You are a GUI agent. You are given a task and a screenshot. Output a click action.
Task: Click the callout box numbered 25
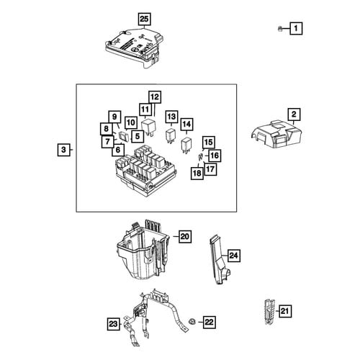144,19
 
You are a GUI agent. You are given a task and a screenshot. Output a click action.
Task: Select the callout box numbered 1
296,28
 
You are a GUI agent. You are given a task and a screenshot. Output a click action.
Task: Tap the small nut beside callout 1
280,29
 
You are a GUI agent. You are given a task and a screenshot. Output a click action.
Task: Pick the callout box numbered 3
64,150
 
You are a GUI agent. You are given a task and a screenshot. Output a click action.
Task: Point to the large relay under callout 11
148,127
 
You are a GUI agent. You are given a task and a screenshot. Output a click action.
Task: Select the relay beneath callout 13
171,137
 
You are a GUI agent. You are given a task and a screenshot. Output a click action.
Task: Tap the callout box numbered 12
155,97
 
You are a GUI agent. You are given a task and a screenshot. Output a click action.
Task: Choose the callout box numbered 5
138,136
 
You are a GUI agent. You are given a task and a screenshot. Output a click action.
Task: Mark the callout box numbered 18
197,173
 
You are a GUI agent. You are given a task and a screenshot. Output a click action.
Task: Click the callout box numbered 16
215,156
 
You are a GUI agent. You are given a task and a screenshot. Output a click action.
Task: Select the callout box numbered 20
185,237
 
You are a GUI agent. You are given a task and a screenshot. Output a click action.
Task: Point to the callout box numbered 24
234,256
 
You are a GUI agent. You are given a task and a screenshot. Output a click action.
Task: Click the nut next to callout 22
192,322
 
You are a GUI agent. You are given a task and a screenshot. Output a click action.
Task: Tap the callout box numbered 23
113,324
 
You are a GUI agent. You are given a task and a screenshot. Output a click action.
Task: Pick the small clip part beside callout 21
270,312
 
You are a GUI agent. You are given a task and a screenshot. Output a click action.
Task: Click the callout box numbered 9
114,117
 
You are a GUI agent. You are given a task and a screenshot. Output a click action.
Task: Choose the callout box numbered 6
118,150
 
